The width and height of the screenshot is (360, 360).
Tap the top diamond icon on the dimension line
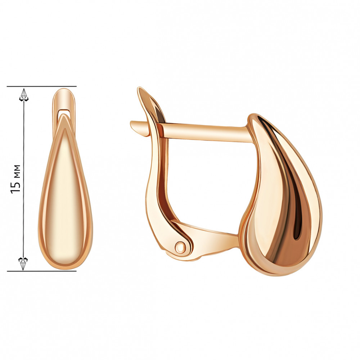(x=24, y=95)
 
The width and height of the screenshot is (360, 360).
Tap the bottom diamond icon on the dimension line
(x=23, y=264)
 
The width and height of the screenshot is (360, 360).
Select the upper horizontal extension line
(x=41, y=86)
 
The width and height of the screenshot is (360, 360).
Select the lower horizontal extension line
(x=41, y=271)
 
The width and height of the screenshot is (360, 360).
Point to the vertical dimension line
(x=24, y=179)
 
